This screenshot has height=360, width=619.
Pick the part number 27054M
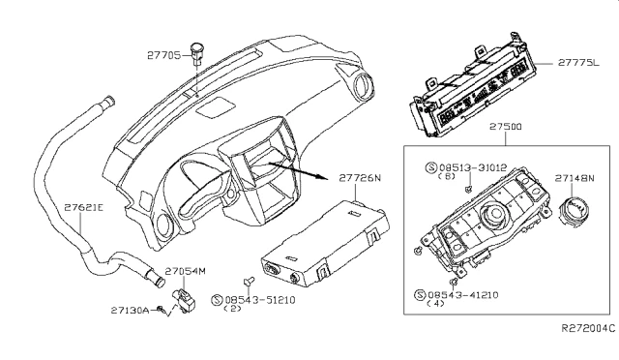point(186,271)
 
